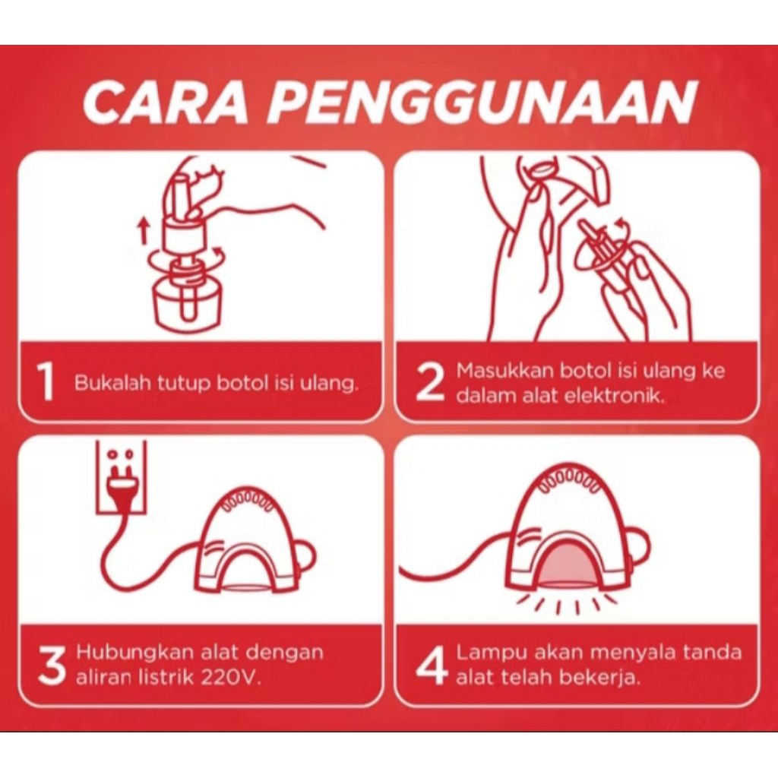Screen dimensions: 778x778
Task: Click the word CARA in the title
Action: [165, 103]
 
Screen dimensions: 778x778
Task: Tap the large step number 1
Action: [46, 381]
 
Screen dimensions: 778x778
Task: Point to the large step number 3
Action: [52, 666]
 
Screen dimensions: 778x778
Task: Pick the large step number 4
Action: [432, 666]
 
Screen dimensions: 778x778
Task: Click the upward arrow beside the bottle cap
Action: [144, 232]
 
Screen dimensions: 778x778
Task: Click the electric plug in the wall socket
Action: [121, 489]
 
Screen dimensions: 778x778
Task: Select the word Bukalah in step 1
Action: [112, 383]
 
